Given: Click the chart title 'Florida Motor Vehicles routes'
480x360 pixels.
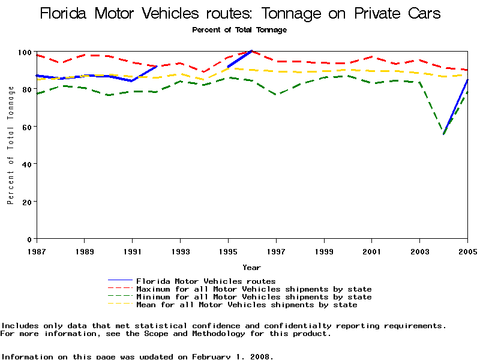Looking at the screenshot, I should pos(240,13).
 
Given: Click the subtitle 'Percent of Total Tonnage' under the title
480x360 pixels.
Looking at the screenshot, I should pos(239,29).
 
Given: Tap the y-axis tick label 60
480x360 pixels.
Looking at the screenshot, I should pos(27,127).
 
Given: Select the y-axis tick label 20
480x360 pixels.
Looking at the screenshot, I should pos(27,202).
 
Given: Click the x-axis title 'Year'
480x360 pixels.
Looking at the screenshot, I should pos(251,267).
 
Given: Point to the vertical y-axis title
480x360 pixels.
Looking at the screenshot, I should pos(11,145).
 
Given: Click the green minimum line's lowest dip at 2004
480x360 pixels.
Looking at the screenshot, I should pos(444,134).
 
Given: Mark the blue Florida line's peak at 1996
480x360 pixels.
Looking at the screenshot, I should pos(251,51).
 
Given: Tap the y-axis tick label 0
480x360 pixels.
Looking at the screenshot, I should pos(29,239).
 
